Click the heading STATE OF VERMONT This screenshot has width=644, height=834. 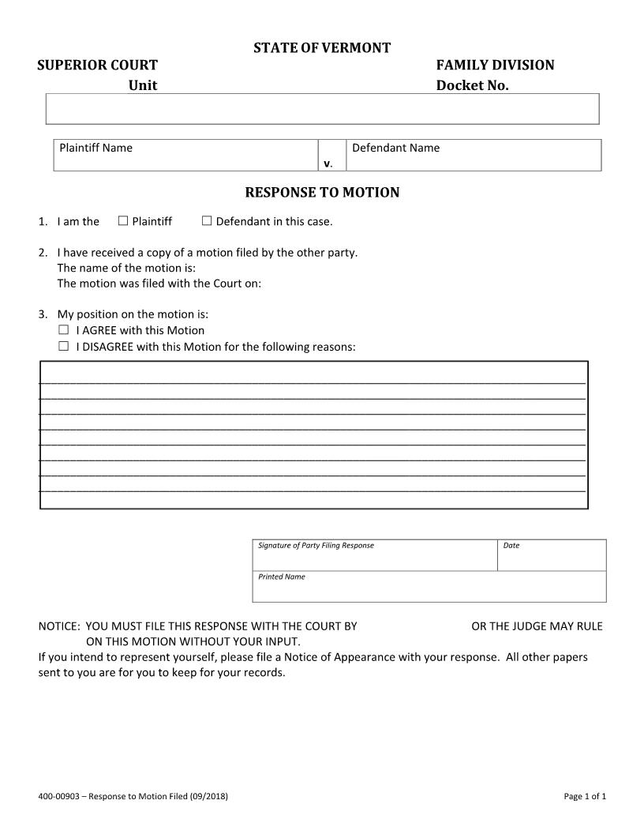(322, 48)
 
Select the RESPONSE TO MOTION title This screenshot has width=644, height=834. (322, 193)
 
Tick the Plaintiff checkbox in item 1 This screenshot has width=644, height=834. (123, 221)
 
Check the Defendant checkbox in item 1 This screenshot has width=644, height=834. (207, 221)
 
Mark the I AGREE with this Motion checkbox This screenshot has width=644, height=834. (64, 330)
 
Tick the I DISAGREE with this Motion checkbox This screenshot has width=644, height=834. (64, 346)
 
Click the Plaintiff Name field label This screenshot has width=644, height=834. (96, 148)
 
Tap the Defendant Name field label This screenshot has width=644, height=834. (395, 148)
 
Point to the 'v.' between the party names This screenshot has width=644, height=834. (328, 163)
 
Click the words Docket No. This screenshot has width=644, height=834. (472, 85)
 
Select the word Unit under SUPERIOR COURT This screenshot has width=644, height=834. (143, 85)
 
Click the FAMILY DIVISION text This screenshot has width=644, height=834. (495, 65)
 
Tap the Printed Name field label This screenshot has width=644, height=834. (282, 577)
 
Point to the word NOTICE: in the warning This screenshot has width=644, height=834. (59, 626)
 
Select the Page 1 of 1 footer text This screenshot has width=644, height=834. (585, 796)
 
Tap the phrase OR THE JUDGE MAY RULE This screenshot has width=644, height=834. (537, 626)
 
